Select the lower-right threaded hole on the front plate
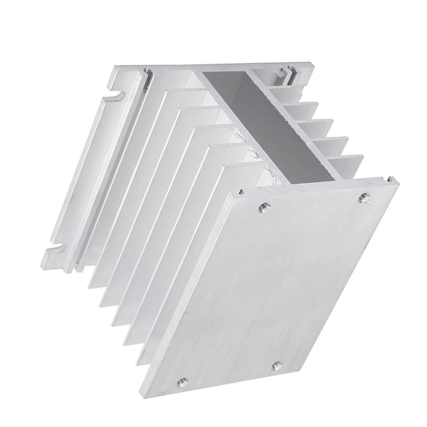[x=277, y=365]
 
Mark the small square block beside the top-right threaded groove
[x=282, y=72]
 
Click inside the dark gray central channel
[x=267, y=125]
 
